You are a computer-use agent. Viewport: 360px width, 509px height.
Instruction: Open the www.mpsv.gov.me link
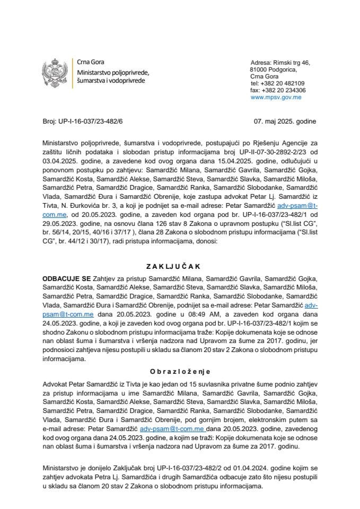point(276,97)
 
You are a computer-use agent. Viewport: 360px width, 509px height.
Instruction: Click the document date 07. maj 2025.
point(285,121)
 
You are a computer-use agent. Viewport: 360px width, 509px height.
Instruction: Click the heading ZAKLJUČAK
point(179,266)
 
